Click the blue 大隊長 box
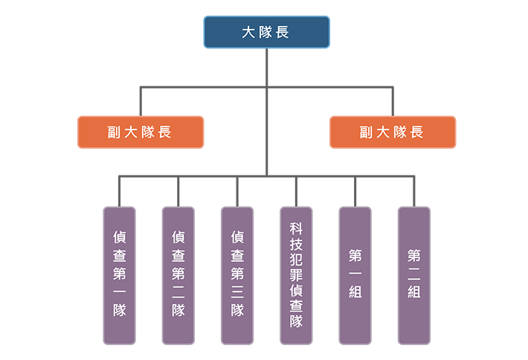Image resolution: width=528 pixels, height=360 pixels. (266, 33)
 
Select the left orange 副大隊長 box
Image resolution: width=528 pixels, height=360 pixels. (141, 132)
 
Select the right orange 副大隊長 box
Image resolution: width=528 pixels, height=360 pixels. (392, 132)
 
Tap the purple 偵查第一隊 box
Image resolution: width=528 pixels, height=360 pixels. (119, 275)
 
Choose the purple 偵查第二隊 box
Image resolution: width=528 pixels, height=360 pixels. (178, 275)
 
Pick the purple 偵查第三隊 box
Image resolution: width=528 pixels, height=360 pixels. (237, 275)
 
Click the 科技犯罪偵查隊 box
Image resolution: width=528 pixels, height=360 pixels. (296, 275)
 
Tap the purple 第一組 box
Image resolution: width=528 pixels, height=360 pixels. (355, 275)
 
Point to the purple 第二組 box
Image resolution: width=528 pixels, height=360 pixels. (413, 275)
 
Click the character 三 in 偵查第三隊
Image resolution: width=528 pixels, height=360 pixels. (237, 292)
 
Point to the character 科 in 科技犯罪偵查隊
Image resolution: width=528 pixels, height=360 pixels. (296, 231)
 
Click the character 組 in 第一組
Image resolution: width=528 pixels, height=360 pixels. (355, 292)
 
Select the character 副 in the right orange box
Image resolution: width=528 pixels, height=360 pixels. (365, 132)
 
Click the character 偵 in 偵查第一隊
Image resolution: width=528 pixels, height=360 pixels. (119, 237)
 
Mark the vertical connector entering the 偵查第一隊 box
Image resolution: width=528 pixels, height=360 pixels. (119, 191)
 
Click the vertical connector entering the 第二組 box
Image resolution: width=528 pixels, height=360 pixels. (413, 191)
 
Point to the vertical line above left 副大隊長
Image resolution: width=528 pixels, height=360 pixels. (141, 101)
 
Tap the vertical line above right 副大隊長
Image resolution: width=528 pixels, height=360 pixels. (392, 101)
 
